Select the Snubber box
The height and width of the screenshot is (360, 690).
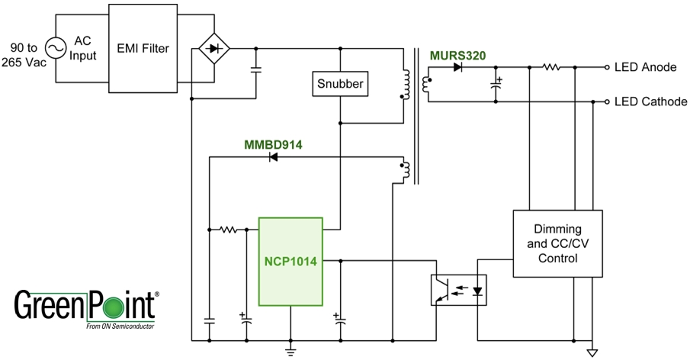pos(339,85)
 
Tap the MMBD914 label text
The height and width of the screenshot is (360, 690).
pos(273,145)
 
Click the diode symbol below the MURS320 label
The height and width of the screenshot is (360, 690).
pos(457,67)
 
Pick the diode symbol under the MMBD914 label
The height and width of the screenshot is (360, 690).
pos(272,158)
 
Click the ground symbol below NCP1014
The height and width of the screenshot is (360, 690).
pos(290,350)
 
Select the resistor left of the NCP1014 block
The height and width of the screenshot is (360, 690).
pos(227,229)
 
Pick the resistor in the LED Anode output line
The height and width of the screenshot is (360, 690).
pos(551,67)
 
